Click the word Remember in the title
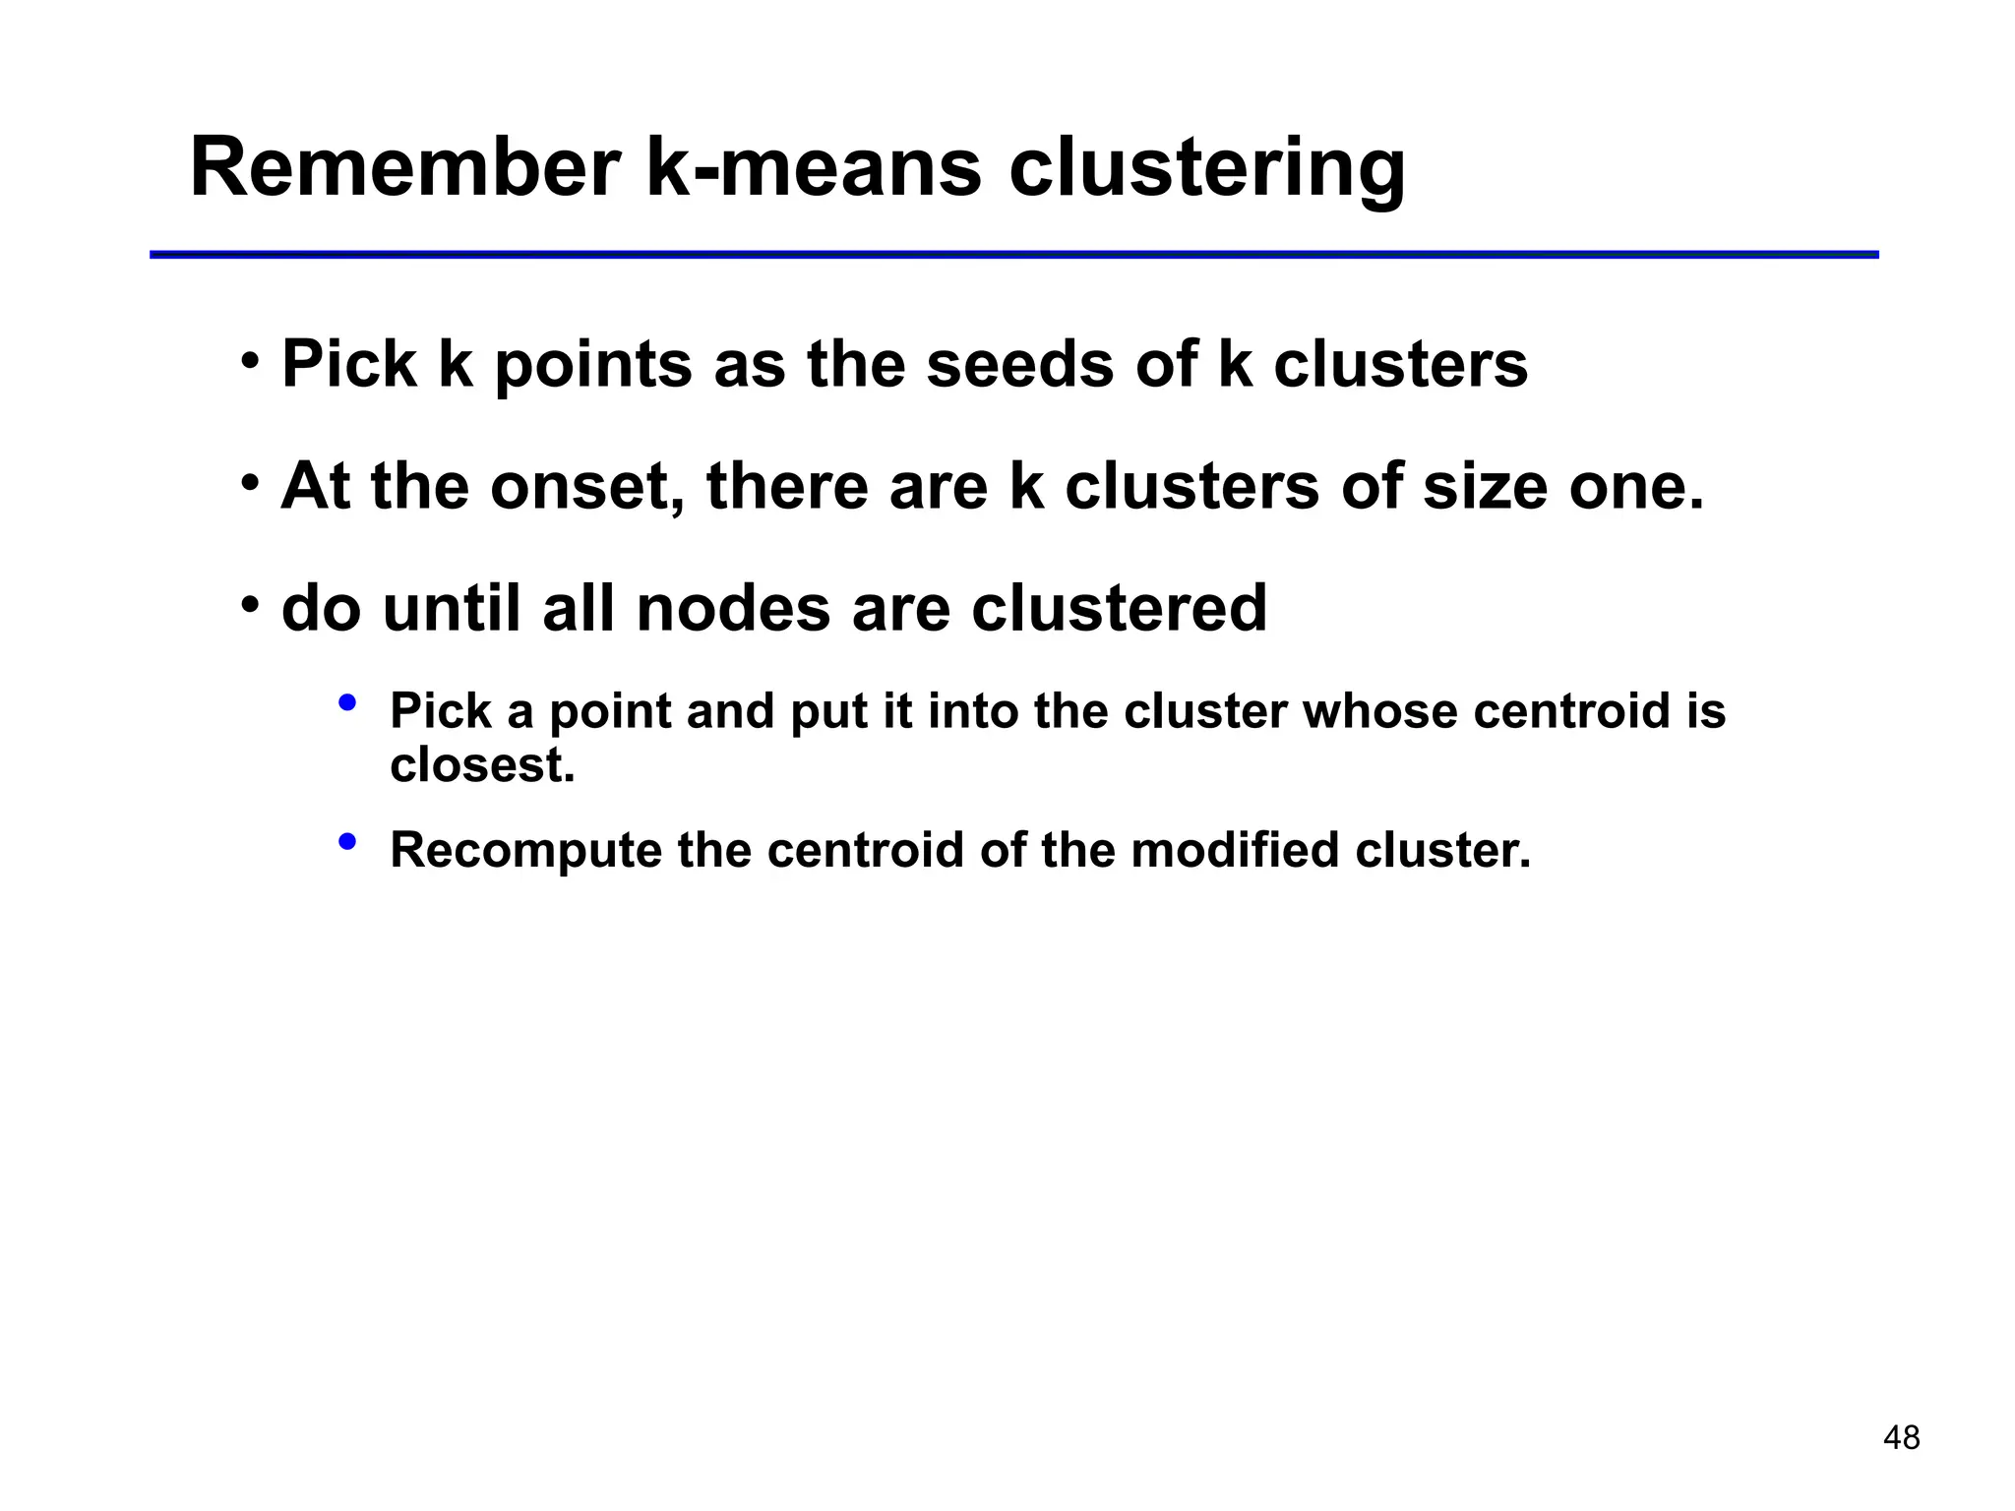404,167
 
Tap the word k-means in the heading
813,167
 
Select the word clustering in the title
1207,169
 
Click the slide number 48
1901,1438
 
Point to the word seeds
1020,364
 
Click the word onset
586,486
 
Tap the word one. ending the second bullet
1636,486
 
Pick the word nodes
733,608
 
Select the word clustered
1119,608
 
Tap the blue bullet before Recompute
346,842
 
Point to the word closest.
481,765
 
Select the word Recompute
525,850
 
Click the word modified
1235,850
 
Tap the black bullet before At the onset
251,483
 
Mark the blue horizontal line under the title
1013,255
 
